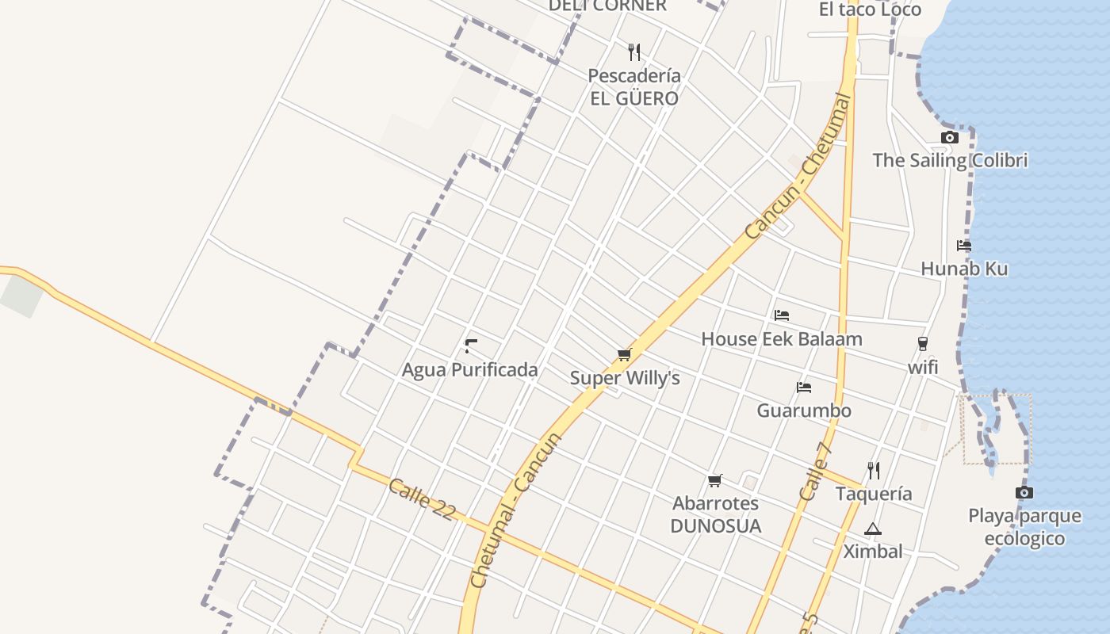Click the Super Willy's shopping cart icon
624,355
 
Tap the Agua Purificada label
469,370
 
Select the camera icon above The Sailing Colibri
949,137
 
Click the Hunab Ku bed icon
964,246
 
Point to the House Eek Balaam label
781,339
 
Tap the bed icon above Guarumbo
804,388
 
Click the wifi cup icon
922,344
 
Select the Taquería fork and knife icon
873,471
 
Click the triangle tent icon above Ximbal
872,529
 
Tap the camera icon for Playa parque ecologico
1024,493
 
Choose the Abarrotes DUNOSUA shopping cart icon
714,480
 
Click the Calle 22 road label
422,499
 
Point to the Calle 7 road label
816,471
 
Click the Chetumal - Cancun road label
516,510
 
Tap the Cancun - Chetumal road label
798,167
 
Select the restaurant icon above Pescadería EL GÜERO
633,52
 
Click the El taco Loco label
870,10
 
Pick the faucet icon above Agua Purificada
470,346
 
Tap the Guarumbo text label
804,411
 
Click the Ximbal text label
872,552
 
